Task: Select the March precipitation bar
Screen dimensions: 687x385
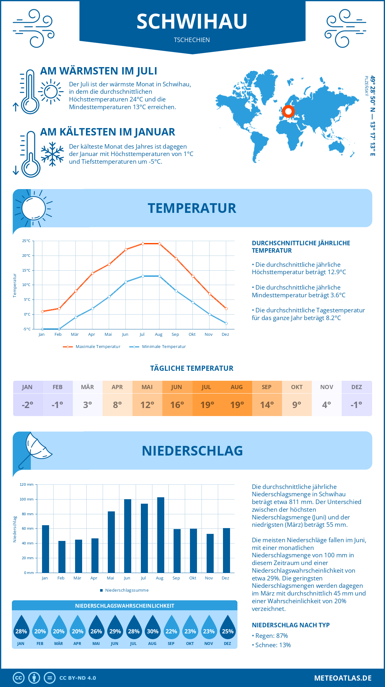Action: [79, 556]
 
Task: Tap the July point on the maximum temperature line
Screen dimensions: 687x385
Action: [143, 244]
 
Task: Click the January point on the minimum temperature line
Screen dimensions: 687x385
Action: [42, 329]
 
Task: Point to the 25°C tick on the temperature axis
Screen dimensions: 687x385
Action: [26, 241]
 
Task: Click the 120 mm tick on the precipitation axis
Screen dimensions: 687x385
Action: [27, 484]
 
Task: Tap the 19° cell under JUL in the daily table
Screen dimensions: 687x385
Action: [207, 405]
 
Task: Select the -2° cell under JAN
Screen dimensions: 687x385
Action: [28, 405]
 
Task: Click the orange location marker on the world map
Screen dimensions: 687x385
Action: [288, 111]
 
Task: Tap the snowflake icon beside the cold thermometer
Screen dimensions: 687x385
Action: [52, 154]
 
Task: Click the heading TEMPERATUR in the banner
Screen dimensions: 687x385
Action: [192, 208]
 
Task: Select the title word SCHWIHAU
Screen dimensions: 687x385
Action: [192, 22]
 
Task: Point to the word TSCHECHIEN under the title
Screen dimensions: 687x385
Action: [192, 40]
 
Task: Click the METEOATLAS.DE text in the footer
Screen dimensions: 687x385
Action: [343, 678]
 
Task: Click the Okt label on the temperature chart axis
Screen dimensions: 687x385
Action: [192, 335]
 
